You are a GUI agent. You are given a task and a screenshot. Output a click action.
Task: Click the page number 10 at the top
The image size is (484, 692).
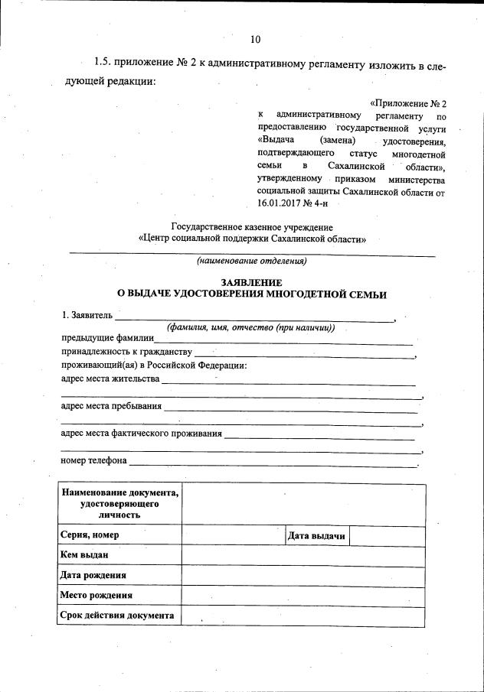pyautogui.click(x=255, y=40)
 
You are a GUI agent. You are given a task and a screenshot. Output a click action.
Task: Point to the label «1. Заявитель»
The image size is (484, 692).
pyautogui.click(x=87, y=315)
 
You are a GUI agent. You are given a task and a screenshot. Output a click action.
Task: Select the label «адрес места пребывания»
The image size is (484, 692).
pyautogui.click(x=111, y=406)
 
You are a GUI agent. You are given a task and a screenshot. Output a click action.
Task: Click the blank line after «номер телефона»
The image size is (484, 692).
pyautogui.click(x=273, y=462)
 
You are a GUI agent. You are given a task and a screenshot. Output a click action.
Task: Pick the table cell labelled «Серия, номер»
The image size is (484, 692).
pyautogui.click(x=119, y=535)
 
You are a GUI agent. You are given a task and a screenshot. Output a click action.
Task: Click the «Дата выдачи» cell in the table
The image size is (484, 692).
pyautogui.click(x=317, y=536)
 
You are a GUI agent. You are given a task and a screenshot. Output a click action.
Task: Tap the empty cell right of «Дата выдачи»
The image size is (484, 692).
pyautogui.click(x=387, y=536)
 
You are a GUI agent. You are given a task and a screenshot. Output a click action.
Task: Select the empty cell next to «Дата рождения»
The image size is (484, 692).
pyautogui.click(x=303, y=575)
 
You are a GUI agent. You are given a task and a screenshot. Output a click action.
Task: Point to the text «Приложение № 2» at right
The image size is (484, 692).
pyautogui.click(x=408, y=102)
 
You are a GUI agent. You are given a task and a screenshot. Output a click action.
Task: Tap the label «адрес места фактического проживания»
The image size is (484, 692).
pyautogui.click(x=141, y=434)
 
